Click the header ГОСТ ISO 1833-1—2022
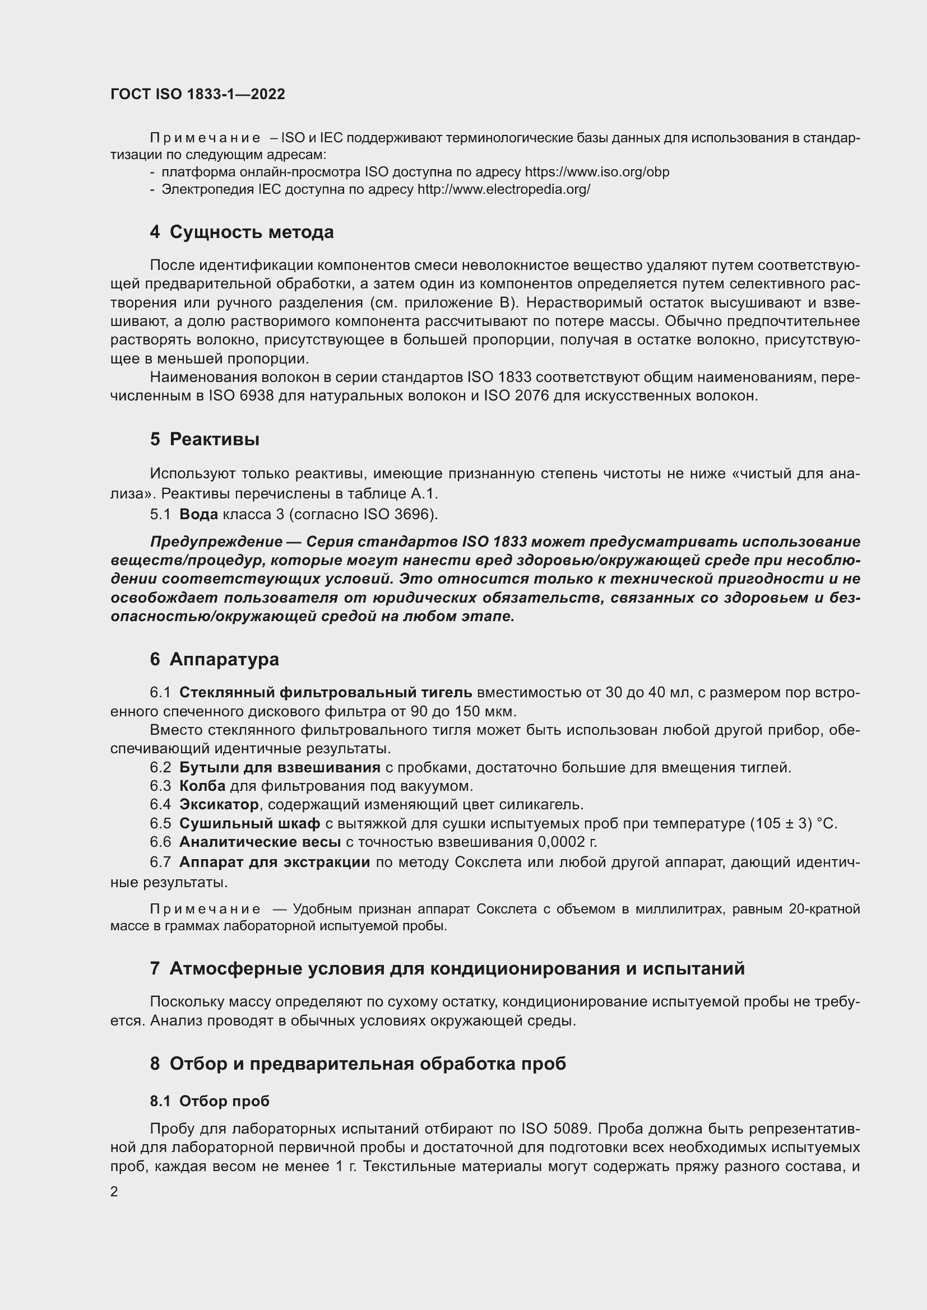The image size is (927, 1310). coord(197,94)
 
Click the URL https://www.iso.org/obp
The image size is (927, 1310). coord(596,172)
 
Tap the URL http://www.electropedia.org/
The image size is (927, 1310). coord(503,189)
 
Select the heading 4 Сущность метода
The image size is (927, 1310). coord(242,232)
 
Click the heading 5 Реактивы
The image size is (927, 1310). coord(205,439)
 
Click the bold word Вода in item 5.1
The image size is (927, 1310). coord(198,514)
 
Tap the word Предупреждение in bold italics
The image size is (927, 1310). coord(216,542)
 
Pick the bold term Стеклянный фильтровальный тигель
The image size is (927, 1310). coord(326,693)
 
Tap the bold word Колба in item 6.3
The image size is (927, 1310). coord(202,786)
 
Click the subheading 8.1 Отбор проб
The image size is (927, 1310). coord(210,1101)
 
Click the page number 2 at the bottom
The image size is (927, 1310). coord(114,1191)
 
